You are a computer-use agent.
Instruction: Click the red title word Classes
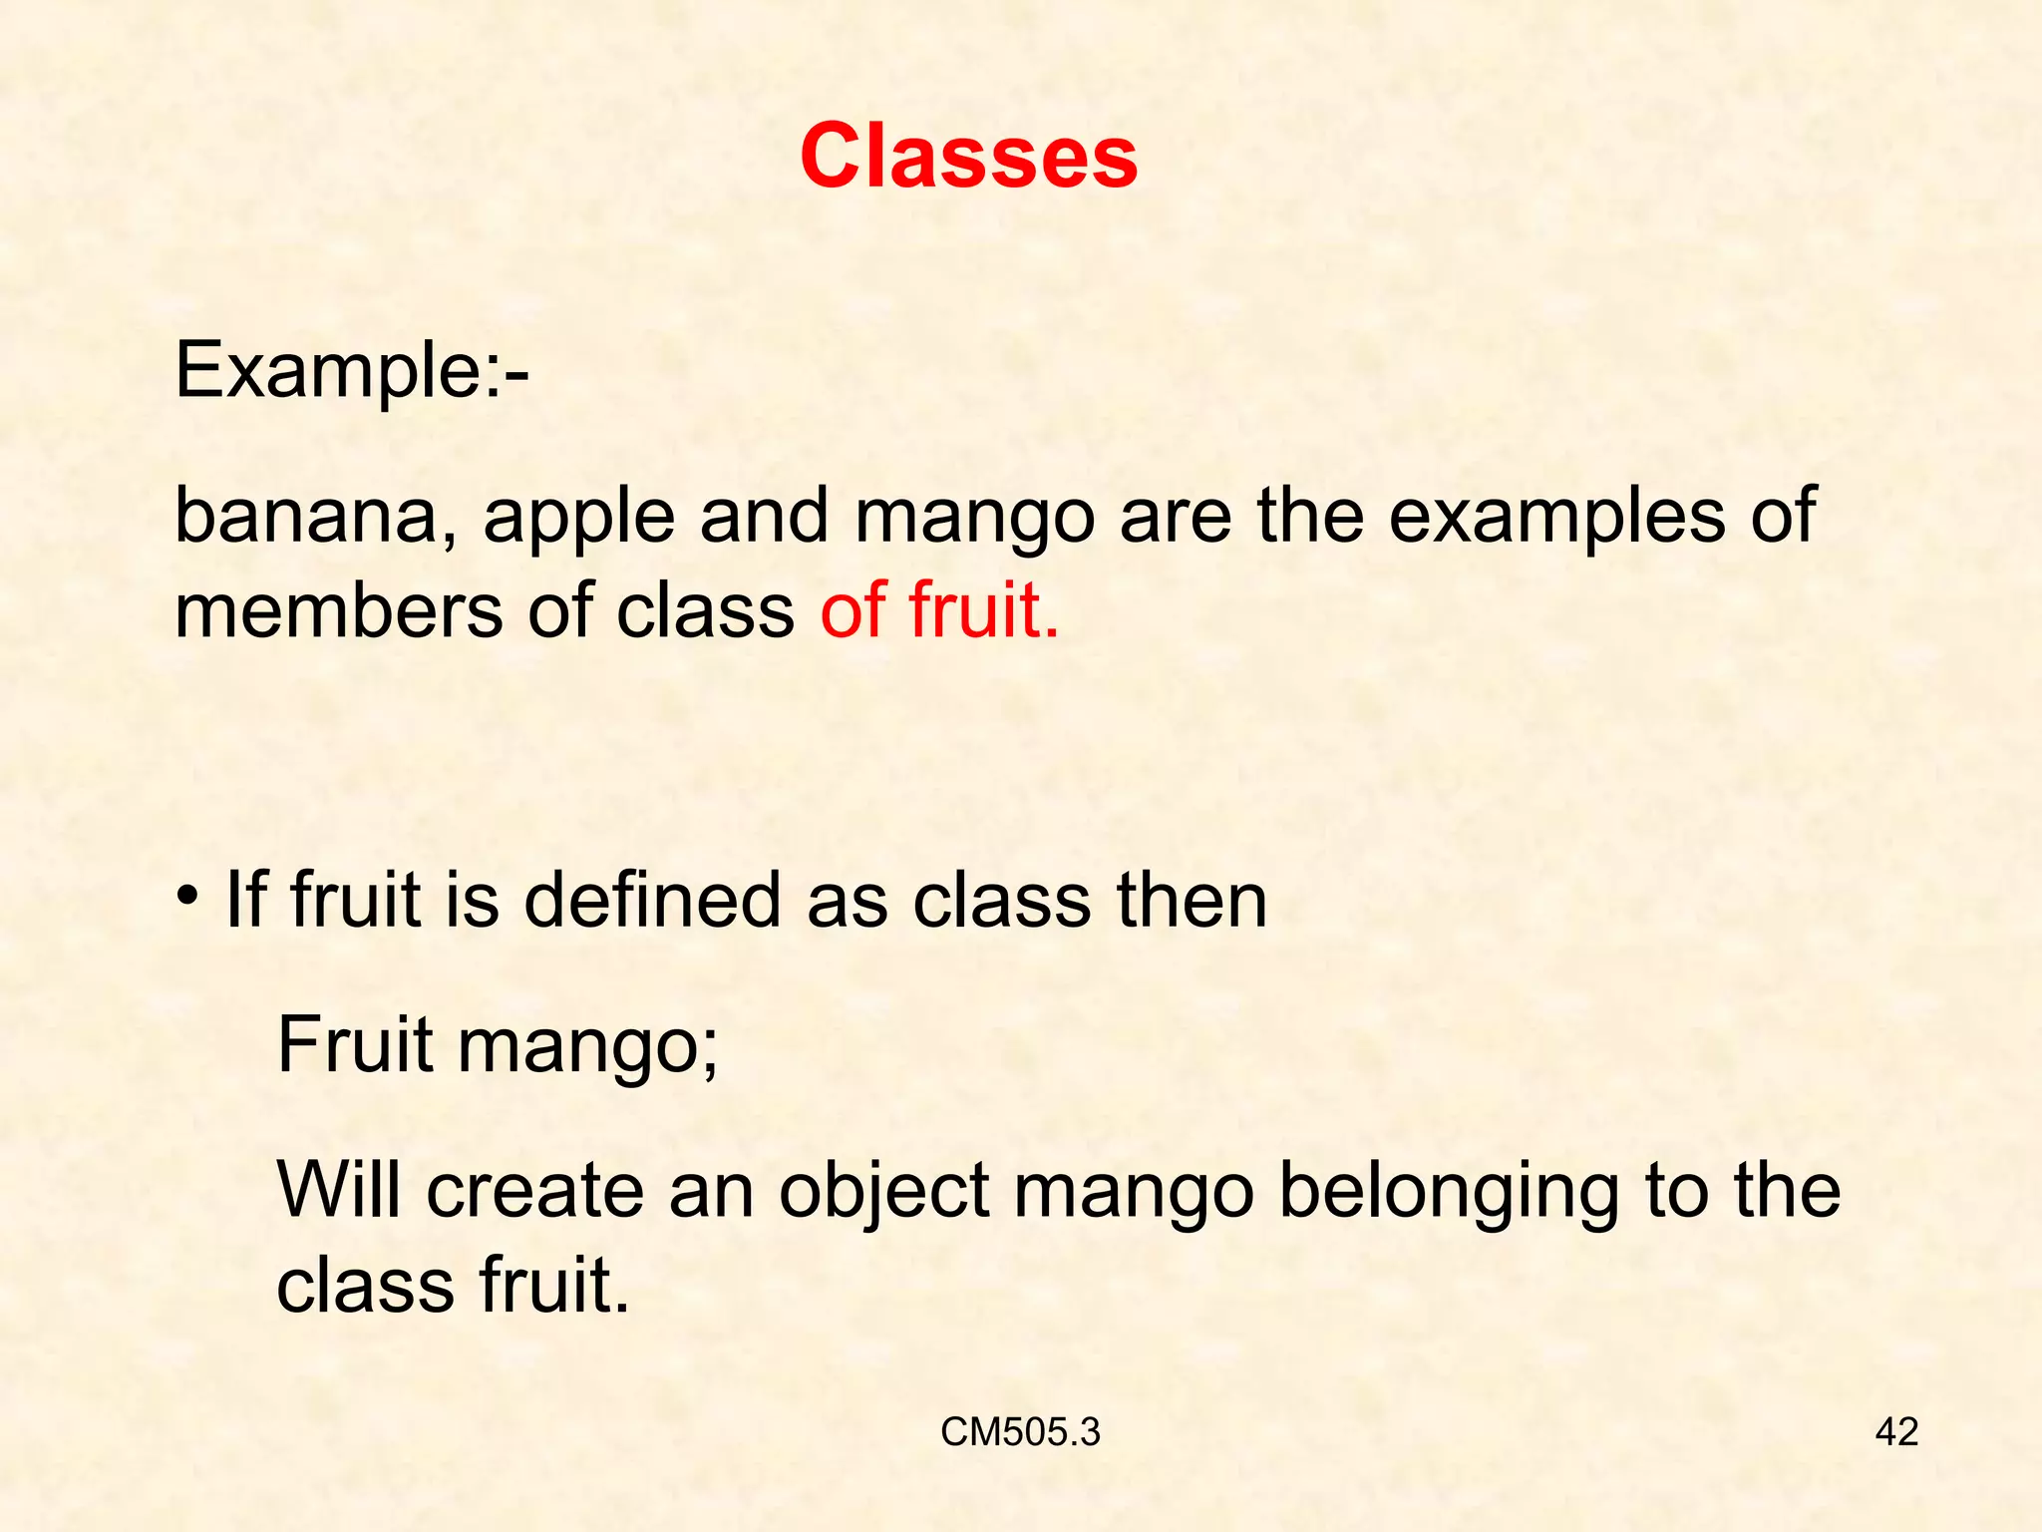968,157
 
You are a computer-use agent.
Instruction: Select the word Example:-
352,371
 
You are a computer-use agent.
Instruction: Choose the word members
338,610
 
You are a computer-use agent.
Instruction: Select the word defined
652,900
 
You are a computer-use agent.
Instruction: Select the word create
535,1191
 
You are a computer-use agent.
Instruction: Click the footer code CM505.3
1020,1432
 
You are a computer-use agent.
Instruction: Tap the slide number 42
1896,1432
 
